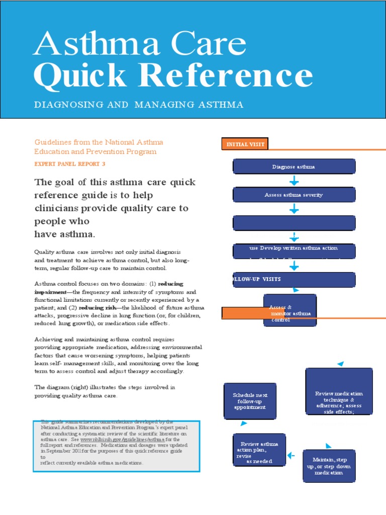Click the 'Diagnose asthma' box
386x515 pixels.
(x=294, y=166)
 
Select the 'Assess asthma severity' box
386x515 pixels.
(x=294, y=195)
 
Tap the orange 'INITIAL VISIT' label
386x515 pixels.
(x=243, y=144)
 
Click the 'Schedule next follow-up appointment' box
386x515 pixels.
(x=250, y=401)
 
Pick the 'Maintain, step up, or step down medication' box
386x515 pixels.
(x=329, y=466)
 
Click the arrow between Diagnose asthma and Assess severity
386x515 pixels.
(x=294, y=181)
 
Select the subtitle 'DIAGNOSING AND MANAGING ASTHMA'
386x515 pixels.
(x=138, y=105)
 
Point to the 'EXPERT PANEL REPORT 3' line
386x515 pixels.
(x=70, y=164)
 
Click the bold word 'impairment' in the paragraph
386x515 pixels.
(x=50, y=292)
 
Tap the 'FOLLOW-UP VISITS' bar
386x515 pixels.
(x=294, y=279)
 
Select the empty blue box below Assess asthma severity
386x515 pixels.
(x=294, y=223)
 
